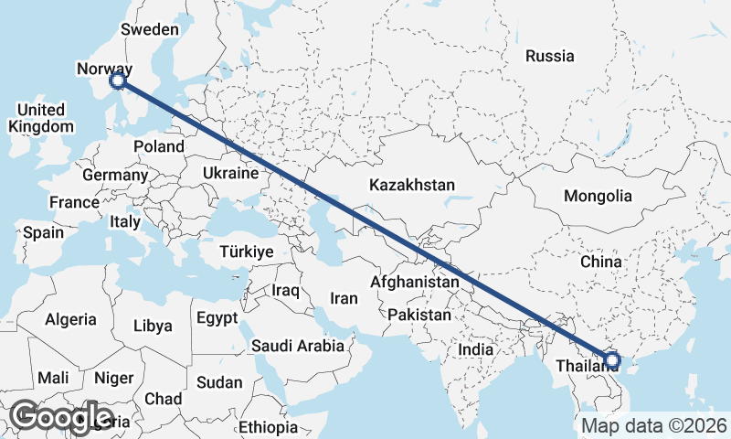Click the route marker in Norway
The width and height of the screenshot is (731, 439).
118,81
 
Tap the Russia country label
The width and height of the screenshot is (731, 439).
550,56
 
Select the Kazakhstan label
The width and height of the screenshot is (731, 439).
412,185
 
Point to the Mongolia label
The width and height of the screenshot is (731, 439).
598,196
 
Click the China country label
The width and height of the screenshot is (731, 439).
600,262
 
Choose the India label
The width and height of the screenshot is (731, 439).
476,349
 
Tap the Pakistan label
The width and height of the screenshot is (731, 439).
419,315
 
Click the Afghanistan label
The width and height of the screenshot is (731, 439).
414,283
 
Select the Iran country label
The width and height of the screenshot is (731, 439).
344,298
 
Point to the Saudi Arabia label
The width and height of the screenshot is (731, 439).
299,346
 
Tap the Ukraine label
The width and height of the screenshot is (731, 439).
230,173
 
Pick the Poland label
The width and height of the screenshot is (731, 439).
159,146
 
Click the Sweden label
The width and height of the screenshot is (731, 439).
150,29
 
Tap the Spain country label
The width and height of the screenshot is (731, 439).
43,232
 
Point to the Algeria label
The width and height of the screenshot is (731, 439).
70,319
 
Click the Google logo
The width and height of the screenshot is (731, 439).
60,417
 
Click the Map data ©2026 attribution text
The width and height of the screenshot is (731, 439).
654,425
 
